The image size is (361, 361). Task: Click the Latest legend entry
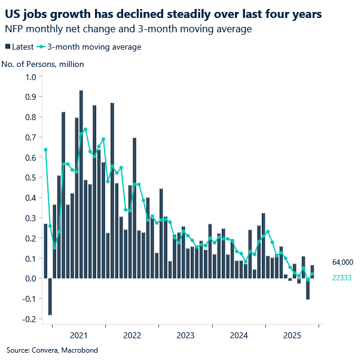click(19, 47)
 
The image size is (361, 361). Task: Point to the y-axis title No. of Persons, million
click(42, 64)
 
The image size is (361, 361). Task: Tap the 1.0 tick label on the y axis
click(30, 77)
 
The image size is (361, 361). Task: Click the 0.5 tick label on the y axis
click(30, 178)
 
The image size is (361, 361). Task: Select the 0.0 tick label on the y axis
click(30, 279)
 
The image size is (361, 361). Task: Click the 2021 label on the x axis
click(79, 335)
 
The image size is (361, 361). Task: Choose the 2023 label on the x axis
click(185, 335)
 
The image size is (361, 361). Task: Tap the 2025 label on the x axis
click(292, 335)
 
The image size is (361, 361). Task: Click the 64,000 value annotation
click(343, 262)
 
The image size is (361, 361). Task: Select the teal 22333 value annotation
click(342, 278)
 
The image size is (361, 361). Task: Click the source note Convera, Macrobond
click(52, 350)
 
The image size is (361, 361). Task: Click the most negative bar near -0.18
click(50, 296)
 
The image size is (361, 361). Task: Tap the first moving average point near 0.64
click(45, 149)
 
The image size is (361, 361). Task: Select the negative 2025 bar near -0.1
click(308, 289)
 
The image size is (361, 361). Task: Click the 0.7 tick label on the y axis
click(30, 137)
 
